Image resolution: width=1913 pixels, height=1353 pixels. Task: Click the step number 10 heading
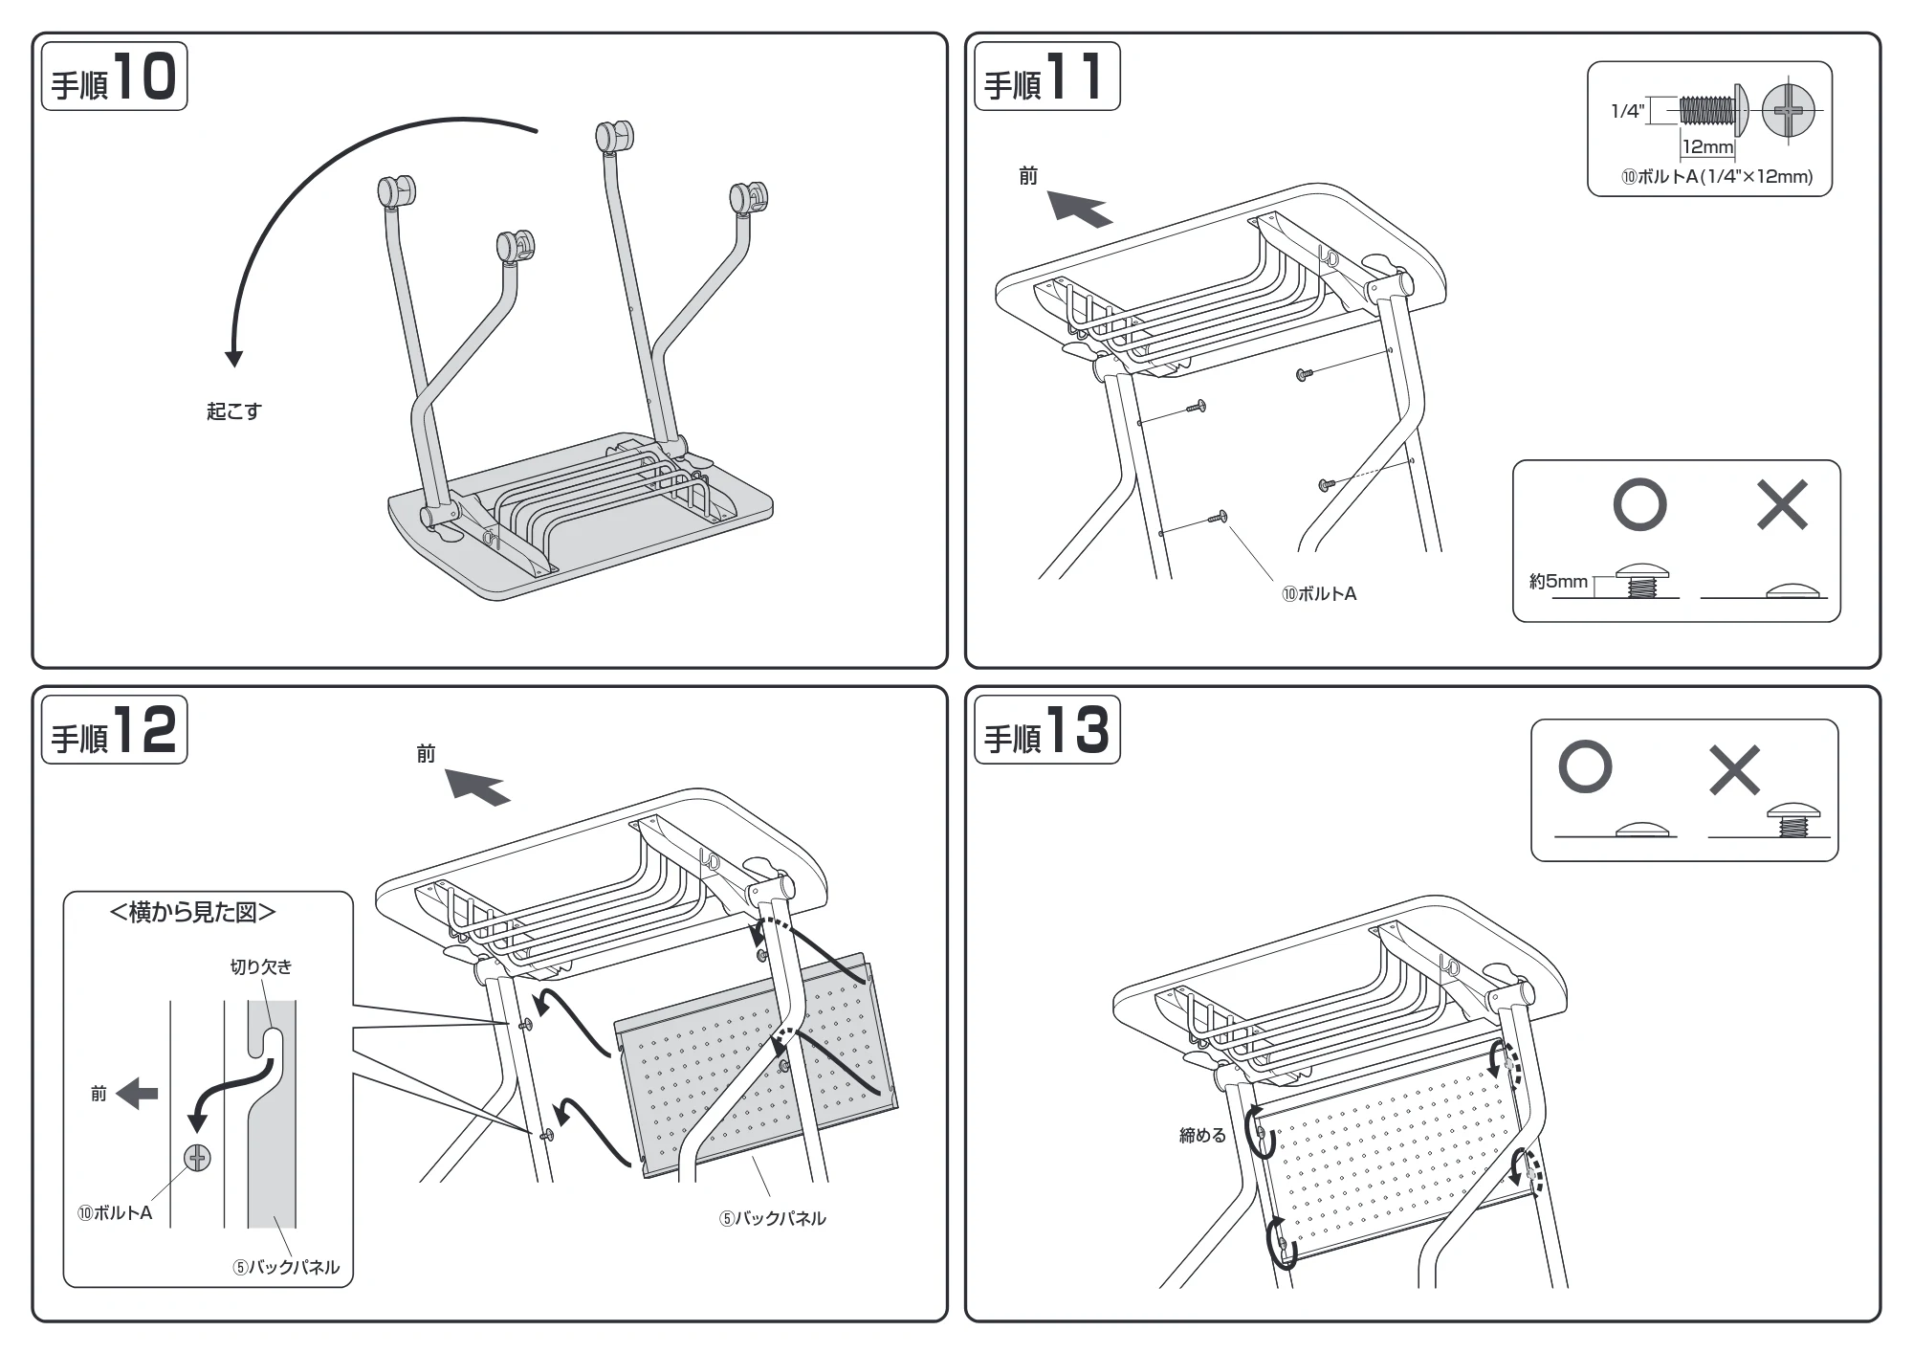[114, 77]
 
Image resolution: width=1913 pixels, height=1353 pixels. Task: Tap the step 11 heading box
[1046, 77]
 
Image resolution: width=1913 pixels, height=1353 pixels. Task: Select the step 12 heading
[114, 730]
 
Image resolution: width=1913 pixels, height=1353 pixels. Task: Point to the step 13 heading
[1046, 730]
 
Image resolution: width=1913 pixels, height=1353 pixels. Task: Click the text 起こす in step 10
[233, 411]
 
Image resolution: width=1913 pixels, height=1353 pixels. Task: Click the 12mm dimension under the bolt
[1707, 147]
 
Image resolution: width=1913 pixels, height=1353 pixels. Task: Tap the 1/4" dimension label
[1627, 112]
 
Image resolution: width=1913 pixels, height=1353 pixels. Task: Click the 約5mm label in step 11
[1558, 582]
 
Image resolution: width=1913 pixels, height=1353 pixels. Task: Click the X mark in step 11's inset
[1782, 505]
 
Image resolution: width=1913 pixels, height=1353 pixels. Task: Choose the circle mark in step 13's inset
[1585, 766]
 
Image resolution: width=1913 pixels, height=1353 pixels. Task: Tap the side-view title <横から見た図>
[193, 913]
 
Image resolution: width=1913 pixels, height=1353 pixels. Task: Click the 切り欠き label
[261, 967]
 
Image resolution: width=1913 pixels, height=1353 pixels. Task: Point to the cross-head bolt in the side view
[197, 1159]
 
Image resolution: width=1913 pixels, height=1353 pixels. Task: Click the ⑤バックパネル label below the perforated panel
[773, 1219]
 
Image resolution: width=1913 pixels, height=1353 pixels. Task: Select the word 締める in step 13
[1202, 1136]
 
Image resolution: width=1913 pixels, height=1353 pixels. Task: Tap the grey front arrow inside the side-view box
[137, 1094]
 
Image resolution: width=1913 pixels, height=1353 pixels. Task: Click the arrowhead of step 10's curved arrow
[233, 359]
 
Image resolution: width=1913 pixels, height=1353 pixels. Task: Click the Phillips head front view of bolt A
[1788, 112]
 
